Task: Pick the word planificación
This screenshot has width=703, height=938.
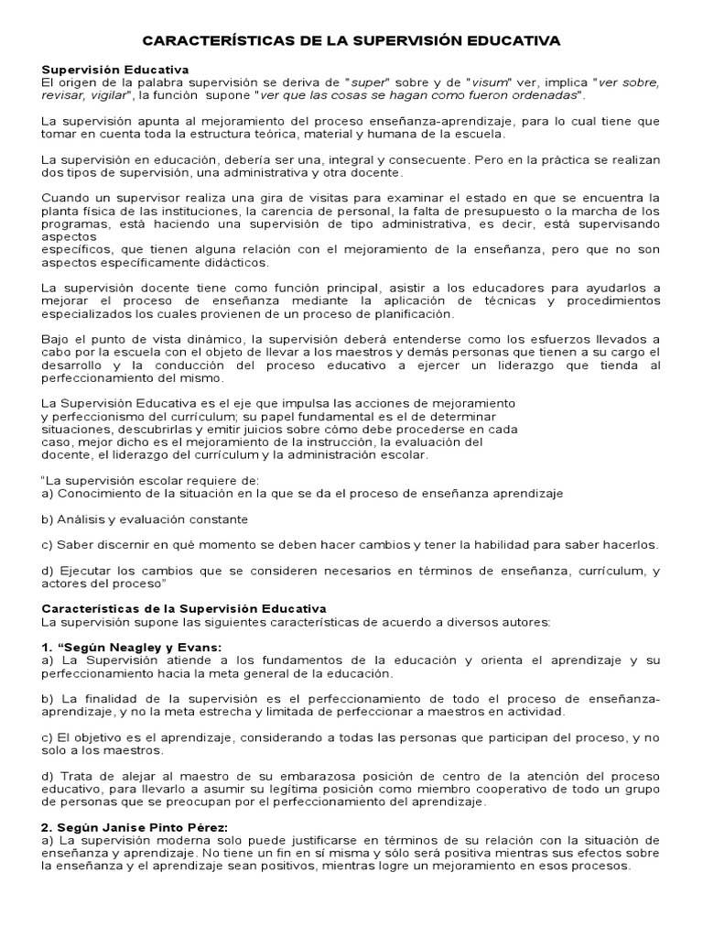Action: point(408,313)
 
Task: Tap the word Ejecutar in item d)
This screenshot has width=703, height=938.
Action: point(84,571)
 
